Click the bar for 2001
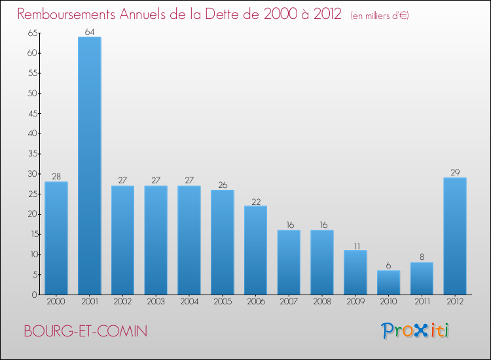90,166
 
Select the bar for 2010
389,282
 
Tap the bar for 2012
455,236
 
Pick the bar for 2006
256,250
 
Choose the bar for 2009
355,272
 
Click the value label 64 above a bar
90,31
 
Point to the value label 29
455,172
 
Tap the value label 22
256,200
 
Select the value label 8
422,257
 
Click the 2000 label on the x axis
56,301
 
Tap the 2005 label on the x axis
223,301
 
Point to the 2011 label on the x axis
422,301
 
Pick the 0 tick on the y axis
34,295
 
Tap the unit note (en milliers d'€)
380,15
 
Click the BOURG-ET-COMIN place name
85,331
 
